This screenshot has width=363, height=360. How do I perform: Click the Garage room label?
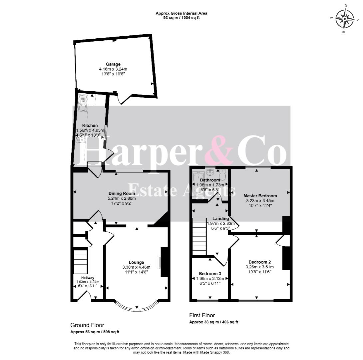coord(113,64)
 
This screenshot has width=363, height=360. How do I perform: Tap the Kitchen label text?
coord(90,125)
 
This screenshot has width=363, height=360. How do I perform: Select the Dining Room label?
coord(122,193)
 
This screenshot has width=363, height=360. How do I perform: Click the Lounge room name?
coord(136,262)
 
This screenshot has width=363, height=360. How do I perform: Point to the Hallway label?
coord(88,278)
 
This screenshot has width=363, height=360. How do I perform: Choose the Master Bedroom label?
coord(260,196)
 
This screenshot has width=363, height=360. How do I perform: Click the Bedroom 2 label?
coord(260,262)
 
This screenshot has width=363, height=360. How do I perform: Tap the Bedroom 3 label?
coord(210,274)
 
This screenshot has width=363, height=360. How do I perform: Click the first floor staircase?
coord(199,236)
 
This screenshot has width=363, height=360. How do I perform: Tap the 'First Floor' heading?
coord(202,315)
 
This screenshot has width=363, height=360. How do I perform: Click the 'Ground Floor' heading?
coord(87,325)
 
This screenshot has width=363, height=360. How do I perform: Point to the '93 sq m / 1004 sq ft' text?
coord(181,17)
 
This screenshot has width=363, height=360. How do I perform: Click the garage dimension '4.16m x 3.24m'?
coord(113,69)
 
